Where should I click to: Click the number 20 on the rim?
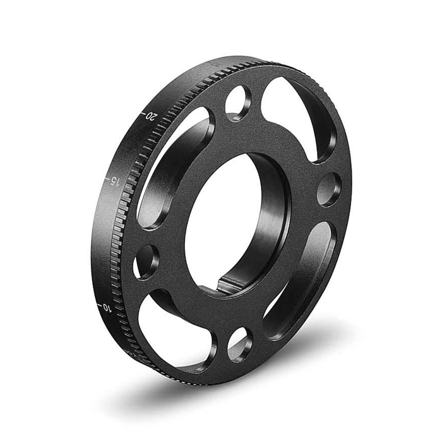pyautogui.click(x=151, y=116)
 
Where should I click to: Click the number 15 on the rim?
pyautogui.click(x=114, y=181)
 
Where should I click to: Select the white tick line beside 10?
pyautogui.click(x=98, y=307)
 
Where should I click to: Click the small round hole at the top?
pyautogui.click(x=238, y=102)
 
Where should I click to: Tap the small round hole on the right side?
pyautogui.click(x=328, y=189)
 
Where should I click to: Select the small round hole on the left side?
pyautogui.click(x=146, y=260)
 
